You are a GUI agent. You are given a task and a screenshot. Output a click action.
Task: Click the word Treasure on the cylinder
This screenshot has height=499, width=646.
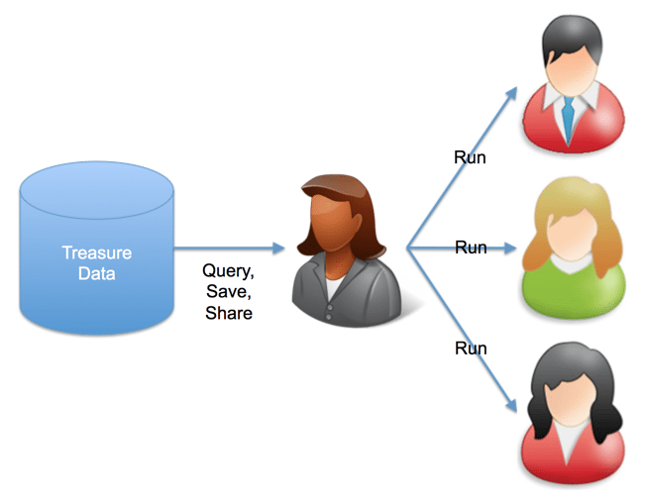point(97,252)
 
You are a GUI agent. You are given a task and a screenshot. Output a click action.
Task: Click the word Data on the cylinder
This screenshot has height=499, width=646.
point(97,274)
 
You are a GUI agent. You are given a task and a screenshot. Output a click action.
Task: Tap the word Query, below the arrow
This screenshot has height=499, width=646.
point(228,271)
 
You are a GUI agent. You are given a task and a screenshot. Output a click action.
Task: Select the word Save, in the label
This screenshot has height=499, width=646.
point(229,292)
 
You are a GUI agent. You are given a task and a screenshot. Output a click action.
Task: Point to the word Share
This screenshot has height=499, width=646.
point(229,313)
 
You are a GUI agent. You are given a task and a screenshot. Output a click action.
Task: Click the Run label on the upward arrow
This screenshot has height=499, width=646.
point(470,157)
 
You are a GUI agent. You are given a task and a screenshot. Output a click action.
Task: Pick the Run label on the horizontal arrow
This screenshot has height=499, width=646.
point(471,248)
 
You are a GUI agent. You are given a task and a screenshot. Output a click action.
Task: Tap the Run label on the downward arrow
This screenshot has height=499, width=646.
point(471,349)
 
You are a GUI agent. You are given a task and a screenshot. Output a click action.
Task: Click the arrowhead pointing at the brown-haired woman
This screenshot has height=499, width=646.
point(279,248)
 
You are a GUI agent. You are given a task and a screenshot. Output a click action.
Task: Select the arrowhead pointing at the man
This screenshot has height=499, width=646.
point(511,93)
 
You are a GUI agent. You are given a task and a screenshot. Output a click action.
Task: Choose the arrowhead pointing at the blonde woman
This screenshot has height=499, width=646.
point(510,248)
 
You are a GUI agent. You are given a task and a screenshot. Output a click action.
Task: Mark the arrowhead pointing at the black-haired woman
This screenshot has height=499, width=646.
point(511,405)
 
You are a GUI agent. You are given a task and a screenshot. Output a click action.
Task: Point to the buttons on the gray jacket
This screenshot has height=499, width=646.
point(328,312)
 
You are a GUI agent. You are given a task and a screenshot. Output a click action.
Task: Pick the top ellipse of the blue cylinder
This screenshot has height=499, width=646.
point(97,190)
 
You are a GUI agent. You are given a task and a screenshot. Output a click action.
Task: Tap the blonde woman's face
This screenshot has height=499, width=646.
point(572,234)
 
